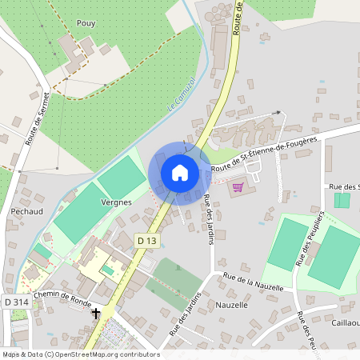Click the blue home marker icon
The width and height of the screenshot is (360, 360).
(180, 172)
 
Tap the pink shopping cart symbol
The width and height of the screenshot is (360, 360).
(238, 187)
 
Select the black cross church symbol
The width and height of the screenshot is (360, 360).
(96, 314)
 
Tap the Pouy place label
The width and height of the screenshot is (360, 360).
(86, 23)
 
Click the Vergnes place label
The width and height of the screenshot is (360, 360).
(116, 203)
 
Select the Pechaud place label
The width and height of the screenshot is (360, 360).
(27, 211)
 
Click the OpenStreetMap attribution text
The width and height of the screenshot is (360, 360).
(80, 354)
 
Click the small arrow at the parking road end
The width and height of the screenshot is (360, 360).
(278, 114)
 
